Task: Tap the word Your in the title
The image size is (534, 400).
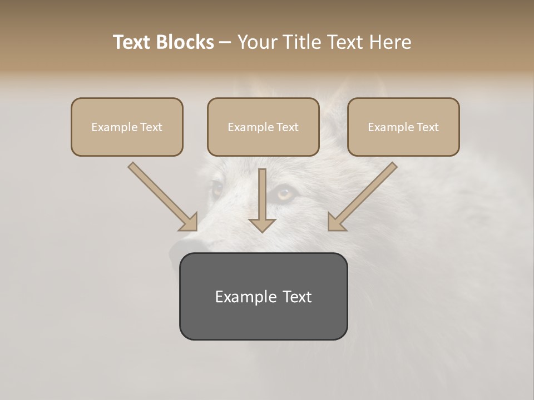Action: (x=257, y=42)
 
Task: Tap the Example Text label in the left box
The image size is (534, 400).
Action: (x=127, y=127)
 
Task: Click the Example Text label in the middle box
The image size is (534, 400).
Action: (x=263, y=127)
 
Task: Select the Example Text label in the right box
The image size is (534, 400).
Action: (x=403, y=127)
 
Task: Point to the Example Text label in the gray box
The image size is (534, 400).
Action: (x=263, y=297)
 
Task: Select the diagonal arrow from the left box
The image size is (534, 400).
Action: (x=163, y=197)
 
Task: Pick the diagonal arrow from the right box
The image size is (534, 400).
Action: (x=362, y=197)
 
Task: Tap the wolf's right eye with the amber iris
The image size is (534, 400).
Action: (x=286, y=194)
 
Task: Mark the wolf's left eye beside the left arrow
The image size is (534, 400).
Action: (x=216, y=189)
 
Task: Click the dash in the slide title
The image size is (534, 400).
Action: (x=225, y=43)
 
